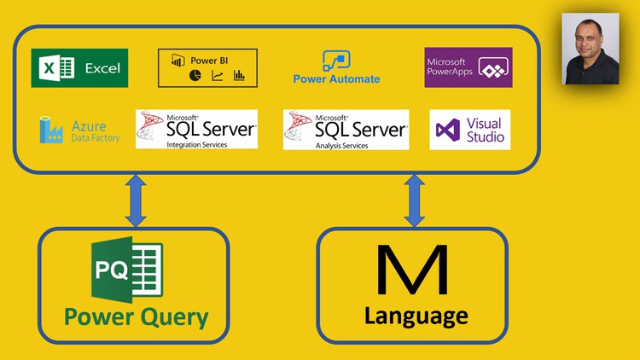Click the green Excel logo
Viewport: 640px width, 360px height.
click(x=79, y=68)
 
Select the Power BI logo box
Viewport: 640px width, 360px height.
click(x=207, y=68)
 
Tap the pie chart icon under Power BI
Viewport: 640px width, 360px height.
click(x=195, y=76)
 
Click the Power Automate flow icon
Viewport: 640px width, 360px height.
click(x=336, y=61)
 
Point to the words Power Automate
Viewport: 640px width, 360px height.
click(x=336, y=79)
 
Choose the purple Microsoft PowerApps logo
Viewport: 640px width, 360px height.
click(x=468, y=67)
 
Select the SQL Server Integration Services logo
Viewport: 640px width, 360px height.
click(x=196, y=129)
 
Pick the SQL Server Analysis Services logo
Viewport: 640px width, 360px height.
click(x=346, y=129)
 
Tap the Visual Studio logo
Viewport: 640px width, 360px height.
click(x=470, y=130)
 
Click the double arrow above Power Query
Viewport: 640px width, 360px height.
click(x=136, y=200)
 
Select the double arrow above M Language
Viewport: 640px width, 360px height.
click(x=415, y=200)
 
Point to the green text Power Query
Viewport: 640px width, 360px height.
click(x=136, y=317)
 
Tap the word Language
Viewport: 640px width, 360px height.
click(x=416, y=316)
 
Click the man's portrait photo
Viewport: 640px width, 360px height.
click(x=591, y=49)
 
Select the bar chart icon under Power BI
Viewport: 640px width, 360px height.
click(x=239, y=76)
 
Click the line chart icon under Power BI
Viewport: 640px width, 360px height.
click(x=218, y=76)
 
